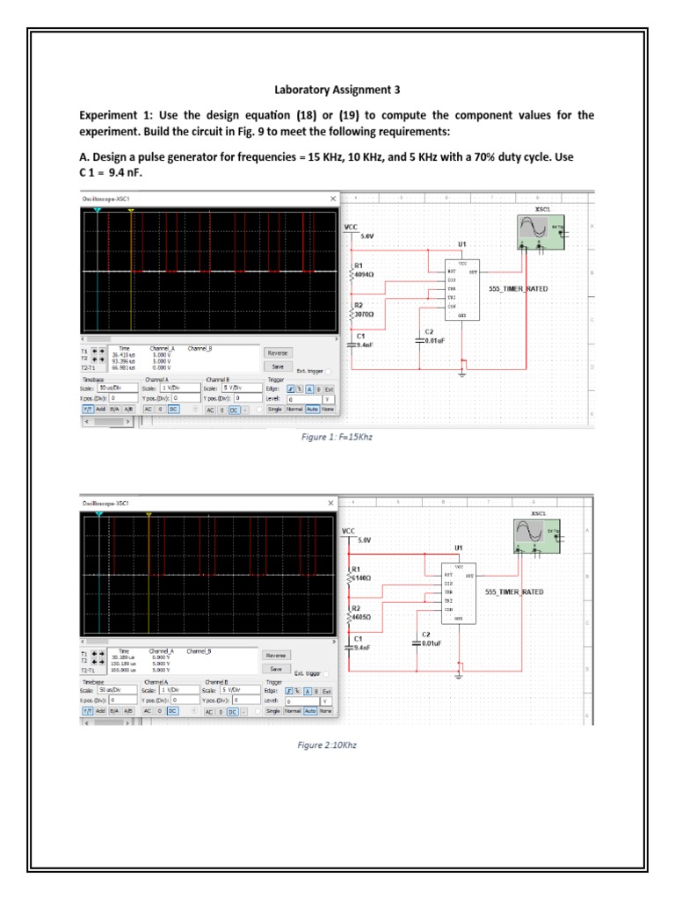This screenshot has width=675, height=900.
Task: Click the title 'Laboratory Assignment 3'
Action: click(337, 89)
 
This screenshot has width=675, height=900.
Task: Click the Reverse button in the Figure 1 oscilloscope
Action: click(277, 352)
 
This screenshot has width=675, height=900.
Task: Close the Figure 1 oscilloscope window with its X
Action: click(332, 199)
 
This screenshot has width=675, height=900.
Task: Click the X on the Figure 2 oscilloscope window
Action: click(331, 502)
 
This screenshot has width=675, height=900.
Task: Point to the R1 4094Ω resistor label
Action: click(363, 270)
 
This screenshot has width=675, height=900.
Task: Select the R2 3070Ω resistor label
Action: click(363, 309)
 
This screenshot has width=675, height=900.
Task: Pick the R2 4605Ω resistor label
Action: click(362, 613)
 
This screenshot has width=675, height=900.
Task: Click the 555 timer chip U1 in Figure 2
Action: click(458, 592)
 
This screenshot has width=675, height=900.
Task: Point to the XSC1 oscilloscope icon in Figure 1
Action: click(538, 231)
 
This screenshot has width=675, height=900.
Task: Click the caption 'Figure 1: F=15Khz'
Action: click(337, 436)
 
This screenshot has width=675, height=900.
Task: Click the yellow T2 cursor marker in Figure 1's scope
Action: click(130, 211)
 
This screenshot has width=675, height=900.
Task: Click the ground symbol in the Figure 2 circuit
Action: click(458, 677)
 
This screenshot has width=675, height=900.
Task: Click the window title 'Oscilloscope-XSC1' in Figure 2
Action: click(105, 502)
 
